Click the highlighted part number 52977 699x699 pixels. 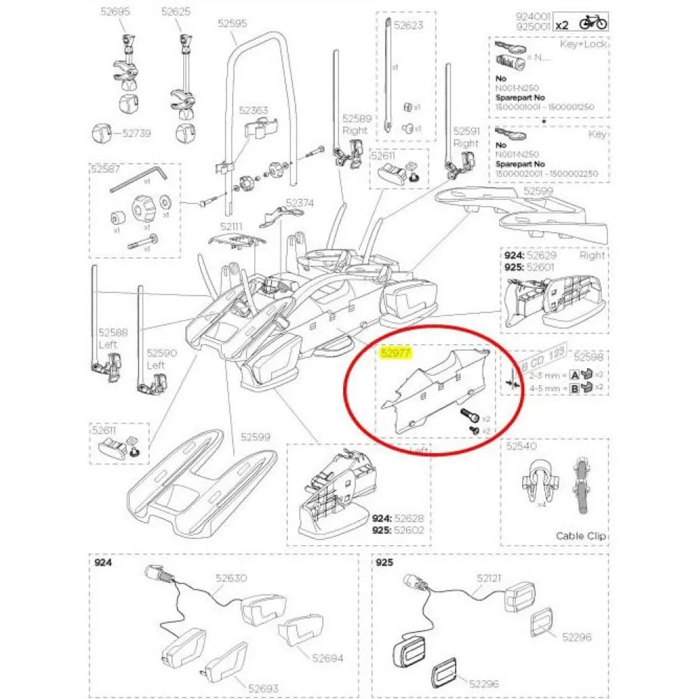click(395, 353)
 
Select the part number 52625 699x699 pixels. click(175, 12)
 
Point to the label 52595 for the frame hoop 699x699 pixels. click(232, 23)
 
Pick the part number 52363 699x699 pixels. click(253, 110)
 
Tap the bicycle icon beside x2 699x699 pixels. click(593, 23)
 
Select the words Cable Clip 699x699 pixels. click(582, 536)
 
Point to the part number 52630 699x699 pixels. click(231, 579)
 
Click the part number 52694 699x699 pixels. click(329, 658)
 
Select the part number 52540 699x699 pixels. click(521, 445)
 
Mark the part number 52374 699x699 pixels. click(300, 203)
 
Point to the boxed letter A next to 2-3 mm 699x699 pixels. click(575, 374)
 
